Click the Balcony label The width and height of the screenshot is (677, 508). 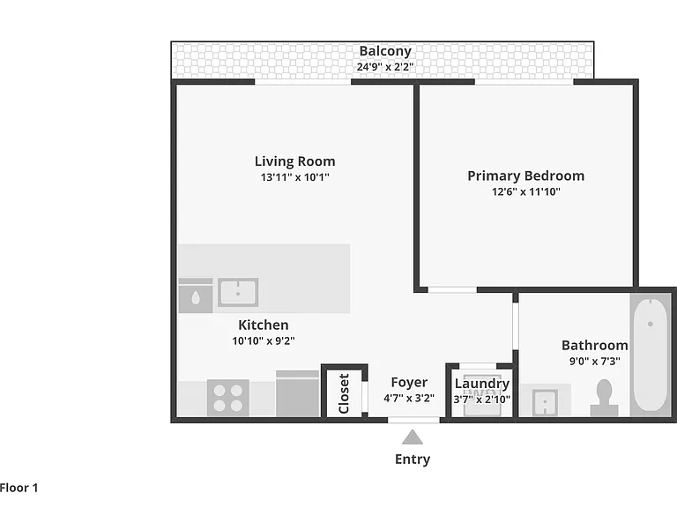(385, 51)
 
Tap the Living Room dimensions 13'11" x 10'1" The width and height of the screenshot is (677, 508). (295, 177)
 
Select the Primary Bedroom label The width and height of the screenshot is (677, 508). (526, 176)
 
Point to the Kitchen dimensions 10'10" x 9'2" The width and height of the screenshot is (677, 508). (264, 340)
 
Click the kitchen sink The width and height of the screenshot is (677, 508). (238, 293)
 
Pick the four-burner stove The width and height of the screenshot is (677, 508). (228, 398)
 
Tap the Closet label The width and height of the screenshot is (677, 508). (344, 393)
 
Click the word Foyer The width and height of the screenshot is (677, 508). (409, 382)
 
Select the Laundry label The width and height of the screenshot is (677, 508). (482, 384)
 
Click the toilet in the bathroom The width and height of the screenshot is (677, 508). (604, 398)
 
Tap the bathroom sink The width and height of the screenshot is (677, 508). (546, 402)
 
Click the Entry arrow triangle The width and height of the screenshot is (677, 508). (413, 437)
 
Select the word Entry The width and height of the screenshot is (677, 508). (413, 459)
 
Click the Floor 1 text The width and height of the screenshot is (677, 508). (19, 488)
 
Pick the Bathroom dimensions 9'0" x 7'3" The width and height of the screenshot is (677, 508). (594, 361)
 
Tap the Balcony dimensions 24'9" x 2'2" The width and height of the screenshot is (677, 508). (385, 67)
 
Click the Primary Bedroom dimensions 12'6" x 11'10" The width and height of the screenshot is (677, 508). (526, 191)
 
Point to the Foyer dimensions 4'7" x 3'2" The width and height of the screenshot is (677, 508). (409, 399)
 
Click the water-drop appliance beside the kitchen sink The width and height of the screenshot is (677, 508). (196, 295)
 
